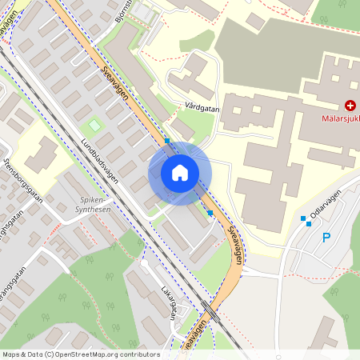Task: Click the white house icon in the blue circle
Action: pyautogui.click(x=180, y=173)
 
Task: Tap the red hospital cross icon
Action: pyautogui.click(x=350, y=106)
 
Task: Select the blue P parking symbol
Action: pyautogui.click(x=326, y=237)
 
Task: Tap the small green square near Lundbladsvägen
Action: pyautogui.click(x=95, y=126)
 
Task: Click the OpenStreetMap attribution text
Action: pyautogui.click(x=80, y=354)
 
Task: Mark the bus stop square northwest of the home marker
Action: pyautogui.click(x=167, y=141)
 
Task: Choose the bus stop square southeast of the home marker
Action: pyautogui.click(x=210, y=214)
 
